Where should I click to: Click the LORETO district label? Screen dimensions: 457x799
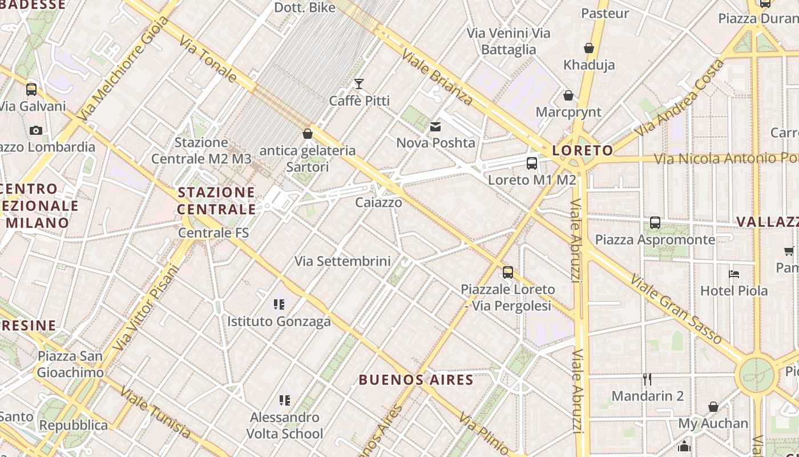point(583,151)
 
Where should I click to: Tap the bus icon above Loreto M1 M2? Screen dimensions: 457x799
point(532,163)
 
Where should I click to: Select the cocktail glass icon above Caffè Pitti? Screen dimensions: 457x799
point(359,85)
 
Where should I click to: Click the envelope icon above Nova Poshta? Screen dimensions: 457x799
point(435,127)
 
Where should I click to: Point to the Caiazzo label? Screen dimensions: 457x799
point(378,202)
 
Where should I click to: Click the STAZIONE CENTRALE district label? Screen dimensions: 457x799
point(216,201)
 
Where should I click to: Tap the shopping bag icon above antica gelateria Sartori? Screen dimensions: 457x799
point(308,134)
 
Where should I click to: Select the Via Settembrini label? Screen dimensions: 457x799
point(342,261)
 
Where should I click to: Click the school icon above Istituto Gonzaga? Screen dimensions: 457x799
point(279,304)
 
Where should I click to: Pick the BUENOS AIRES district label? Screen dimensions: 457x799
point(416,380)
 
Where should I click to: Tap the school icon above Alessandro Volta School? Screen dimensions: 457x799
point(284,400)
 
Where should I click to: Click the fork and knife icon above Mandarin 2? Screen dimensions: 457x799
point(647,379)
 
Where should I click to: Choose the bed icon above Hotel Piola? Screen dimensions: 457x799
point(734,274)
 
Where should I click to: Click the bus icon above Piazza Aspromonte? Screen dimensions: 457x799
point(655,223)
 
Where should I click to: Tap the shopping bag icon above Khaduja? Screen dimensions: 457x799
point(589,49)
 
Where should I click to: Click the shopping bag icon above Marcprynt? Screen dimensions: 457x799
point(568,95)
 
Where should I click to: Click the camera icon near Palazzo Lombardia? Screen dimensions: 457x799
point(36,131)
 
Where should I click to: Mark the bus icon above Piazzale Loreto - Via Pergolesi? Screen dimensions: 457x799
point(508,272)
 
